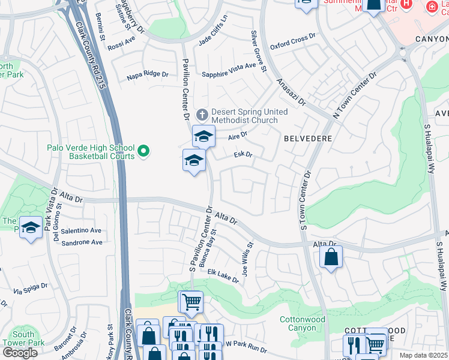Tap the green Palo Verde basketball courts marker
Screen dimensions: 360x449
[x=143, y=152]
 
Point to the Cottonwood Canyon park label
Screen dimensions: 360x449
[x=302, y=323]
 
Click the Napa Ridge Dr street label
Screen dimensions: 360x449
[x=147, y=74]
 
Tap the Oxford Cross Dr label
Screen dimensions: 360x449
[x=292, y=38]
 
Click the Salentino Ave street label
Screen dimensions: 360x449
[x=81, y=230]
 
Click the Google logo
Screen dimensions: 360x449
[x=20, y=352]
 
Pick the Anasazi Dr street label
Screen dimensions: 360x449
[x=291, y=91]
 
